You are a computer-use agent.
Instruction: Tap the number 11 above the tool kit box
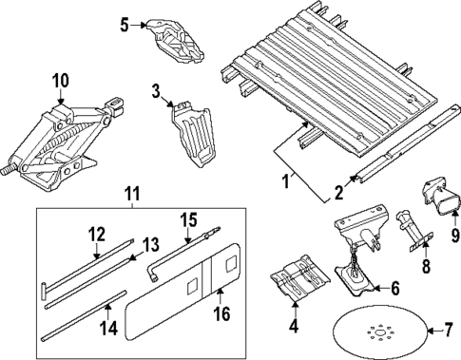pos(130,196)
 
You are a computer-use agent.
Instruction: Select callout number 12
pos(97,234)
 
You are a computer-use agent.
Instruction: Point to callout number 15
pos(188,219)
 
